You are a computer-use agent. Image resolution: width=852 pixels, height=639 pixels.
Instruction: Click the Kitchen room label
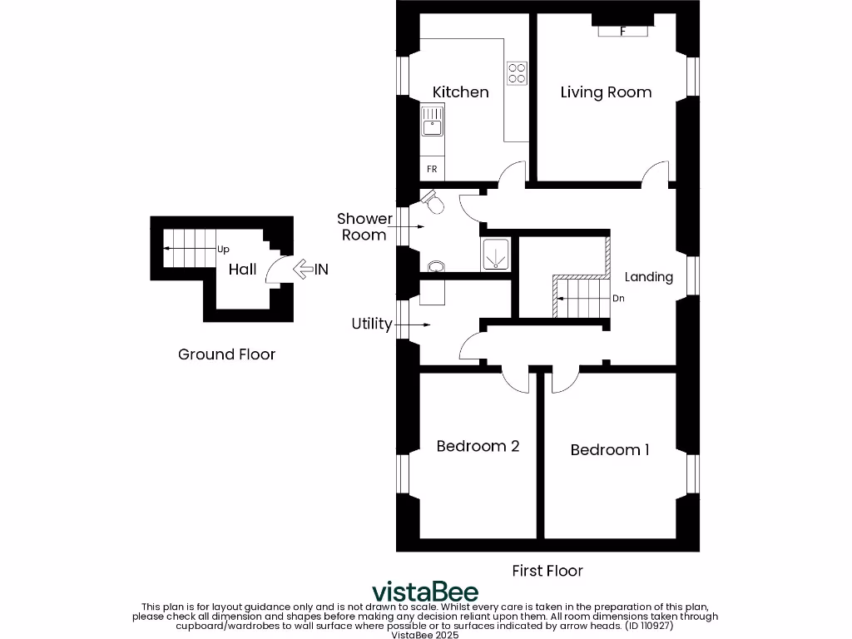tap(460, 92)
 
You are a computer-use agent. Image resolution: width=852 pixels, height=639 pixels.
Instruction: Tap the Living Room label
tap(605, 92)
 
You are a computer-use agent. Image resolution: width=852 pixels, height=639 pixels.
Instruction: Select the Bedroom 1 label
tap(609, 450)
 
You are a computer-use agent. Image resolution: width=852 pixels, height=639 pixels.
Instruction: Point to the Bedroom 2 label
tap(478, 446)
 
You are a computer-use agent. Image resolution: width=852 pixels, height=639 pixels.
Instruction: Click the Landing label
tap(648, 277)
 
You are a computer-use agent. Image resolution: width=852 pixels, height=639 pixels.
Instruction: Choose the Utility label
tap(371, 324)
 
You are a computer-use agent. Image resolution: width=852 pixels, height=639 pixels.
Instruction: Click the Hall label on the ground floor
tap(242, 270)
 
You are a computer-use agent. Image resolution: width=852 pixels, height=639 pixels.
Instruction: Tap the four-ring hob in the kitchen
tap(517, 73)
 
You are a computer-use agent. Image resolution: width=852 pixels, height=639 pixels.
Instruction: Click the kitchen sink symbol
tap(432, 127)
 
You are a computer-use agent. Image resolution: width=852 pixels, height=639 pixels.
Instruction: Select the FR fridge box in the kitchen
tap(432, 169)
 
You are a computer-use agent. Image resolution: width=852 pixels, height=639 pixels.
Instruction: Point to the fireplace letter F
tap(623, 32)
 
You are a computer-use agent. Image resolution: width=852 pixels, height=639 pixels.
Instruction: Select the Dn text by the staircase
tap(617, 298)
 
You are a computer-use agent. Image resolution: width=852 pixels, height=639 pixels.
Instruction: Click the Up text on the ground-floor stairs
tap(223, 249)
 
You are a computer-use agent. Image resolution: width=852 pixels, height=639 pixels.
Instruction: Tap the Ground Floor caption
tap(226, 354)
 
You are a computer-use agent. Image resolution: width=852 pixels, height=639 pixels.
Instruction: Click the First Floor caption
tap(547, 571)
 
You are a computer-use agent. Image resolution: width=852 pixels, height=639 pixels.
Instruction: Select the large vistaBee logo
tap(424, 592)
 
